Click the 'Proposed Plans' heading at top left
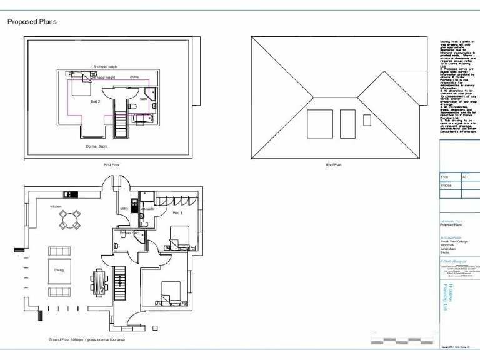32,22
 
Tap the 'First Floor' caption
111,165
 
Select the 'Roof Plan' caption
334,165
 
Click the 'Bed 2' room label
95,101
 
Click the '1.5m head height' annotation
104,66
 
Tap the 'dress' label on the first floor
134,77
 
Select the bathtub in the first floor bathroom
143,117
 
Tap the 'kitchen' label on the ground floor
57,206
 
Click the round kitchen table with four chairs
70,219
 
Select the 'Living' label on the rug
59,270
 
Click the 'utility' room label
124,208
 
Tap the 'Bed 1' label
177,213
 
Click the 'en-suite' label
147,208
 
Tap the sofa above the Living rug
59,251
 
